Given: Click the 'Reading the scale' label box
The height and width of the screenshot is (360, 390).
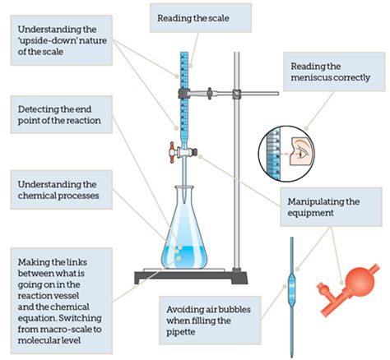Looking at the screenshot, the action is [201, 18].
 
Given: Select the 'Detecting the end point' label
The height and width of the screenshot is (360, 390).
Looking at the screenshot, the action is [62, 114].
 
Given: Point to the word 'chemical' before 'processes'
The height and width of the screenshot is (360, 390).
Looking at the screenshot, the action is [36, 196].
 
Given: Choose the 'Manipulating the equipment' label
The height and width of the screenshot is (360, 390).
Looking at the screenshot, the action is [331, 207].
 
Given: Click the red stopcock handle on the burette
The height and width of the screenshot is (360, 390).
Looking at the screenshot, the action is [172, 153].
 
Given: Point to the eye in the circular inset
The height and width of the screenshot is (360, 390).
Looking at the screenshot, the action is [303, 154].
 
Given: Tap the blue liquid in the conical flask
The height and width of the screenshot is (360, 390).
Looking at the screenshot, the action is [184, 257].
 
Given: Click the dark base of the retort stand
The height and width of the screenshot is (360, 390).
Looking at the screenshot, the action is [191, 277].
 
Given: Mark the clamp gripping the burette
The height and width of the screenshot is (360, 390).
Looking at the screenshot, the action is [184, 94].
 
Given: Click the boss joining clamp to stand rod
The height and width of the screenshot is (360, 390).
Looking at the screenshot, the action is [237, 94].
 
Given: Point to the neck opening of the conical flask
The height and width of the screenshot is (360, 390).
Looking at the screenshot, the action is [184, 187].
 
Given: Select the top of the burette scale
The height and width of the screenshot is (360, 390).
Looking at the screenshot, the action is [184, 53].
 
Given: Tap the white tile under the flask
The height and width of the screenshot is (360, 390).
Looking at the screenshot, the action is [184, 270].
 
